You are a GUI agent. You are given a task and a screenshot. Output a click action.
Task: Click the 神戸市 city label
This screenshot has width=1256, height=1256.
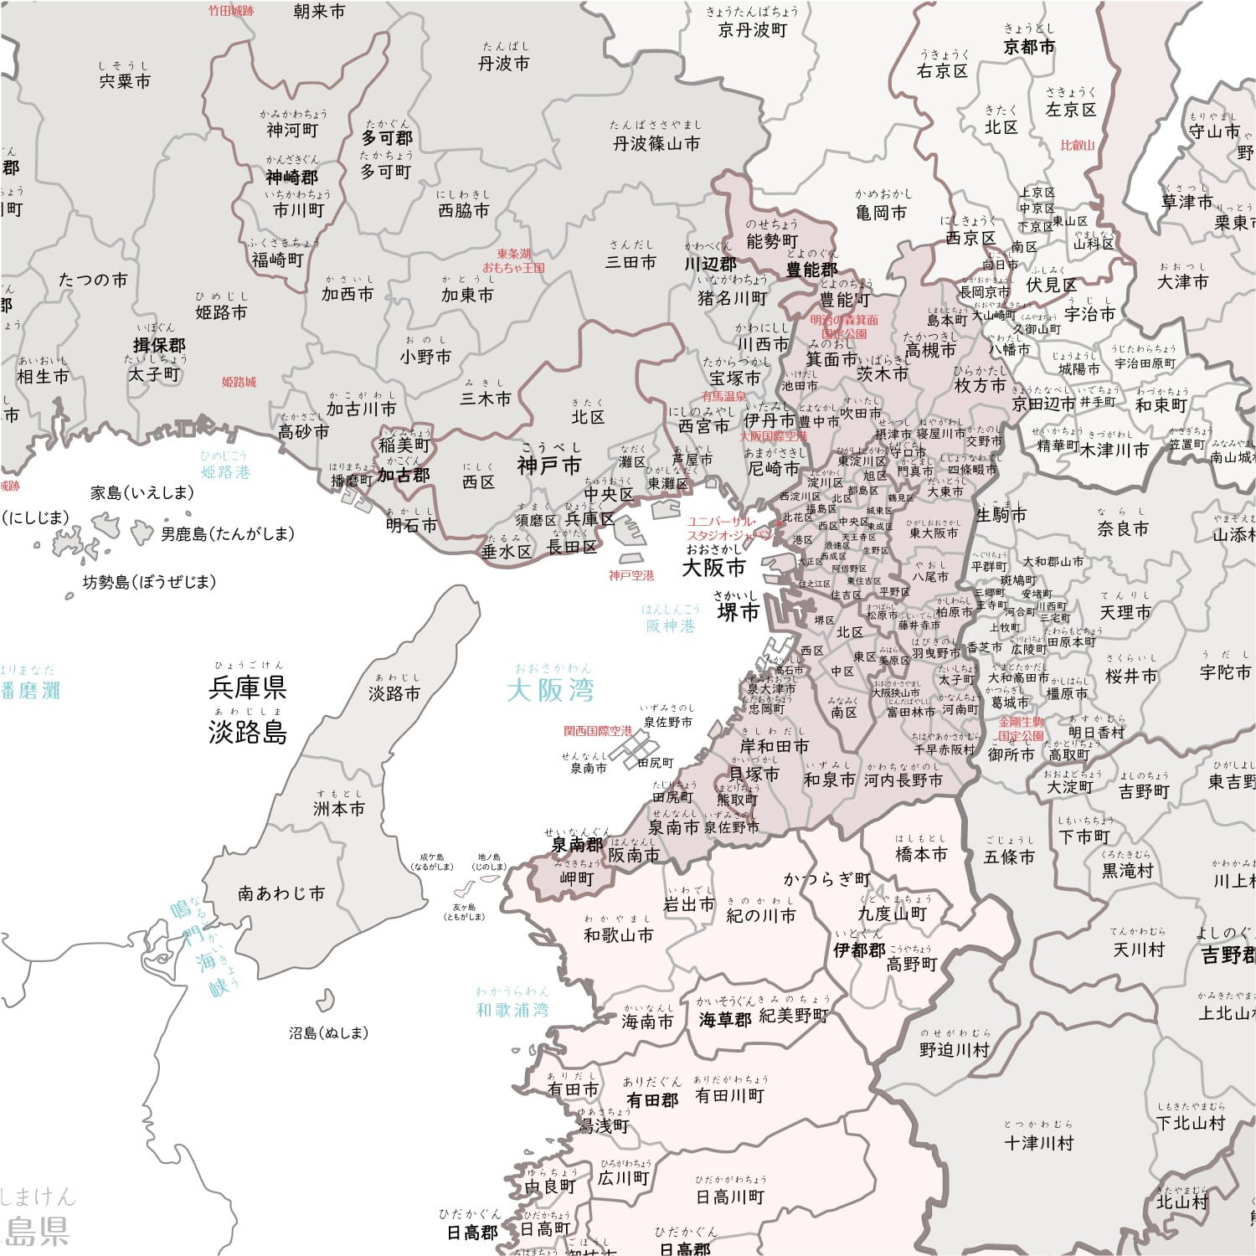(x=549, y=466)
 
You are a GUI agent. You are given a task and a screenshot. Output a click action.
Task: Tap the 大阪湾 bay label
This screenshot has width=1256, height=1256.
(x=550, y=690)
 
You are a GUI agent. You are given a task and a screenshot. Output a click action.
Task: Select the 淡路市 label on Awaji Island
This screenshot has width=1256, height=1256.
(x=394, y=693)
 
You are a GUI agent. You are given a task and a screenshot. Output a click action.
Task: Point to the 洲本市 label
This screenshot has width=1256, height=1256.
(x=339, y=809)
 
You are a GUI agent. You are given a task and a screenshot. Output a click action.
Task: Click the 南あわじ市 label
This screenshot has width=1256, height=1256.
(x=281, y=893)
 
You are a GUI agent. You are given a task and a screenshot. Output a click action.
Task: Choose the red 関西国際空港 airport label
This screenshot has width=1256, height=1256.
(x=598, y=731)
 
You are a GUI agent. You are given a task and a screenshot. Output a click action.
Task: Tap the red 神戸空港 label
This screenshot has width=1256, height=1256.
(x=631, y=576)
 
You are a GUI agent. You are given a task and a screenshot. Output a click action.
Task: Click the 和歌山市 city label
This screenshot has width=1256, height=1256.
(x=618, y=934)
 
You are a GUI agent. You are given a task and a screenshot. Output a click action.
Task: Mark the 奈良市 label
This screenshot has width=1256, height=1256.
(x=1123, y=529)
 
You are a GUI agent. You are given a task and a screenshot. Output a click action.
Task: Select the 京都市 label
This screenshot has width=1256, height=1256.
(x=1029, y=47)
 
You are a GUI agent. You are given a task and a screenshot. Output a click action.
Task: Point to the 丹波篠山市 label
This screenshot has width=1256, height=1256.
(x=656, y=143)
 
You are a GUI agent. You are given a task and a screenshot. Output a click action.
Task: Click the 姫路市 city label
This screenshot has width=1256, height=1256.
(x=221, y=312)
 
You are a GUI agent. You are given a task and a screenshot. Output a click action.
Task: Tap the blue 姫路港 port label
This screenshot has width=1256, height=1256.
(x=225, y=472)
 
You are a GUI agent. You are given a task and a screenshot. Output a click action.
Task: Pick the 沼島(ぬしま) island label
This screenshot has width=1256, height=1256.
(x=329, y=1033)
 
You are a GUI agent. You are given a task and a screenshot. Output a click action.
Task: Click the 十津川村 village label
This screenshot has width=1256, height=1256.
(x=1038, y=1142)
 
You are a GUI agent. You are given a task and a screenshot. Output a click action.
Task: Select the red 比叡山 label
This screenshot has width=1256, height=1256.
(x=1078, y=145)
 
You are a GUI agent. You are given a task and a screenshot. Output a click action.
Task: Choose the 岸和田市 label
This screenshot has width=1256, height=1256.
(x=775, y=746)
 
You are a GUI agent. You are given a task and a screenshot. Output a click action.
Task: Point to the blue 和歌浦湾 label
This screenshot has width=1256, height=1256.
(x=512, y=1010)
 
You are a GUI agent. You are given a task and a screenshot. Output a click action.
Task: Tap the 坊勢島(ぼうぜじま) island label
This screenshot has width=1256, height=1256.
(x=149, y=582)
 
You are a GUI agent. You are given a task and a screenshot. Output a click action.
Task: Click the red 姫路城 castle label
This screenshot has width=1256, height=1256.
(x=239, y=382)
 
